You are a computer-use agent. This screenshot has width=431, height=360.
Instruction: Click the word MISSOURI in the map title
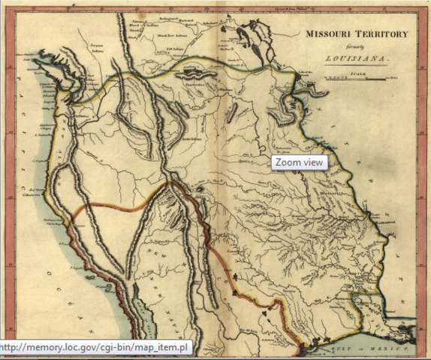(x=326, y=34)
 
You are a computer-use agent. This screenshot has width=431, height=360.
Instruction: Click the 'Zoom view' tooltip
(x=299, y=162)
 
